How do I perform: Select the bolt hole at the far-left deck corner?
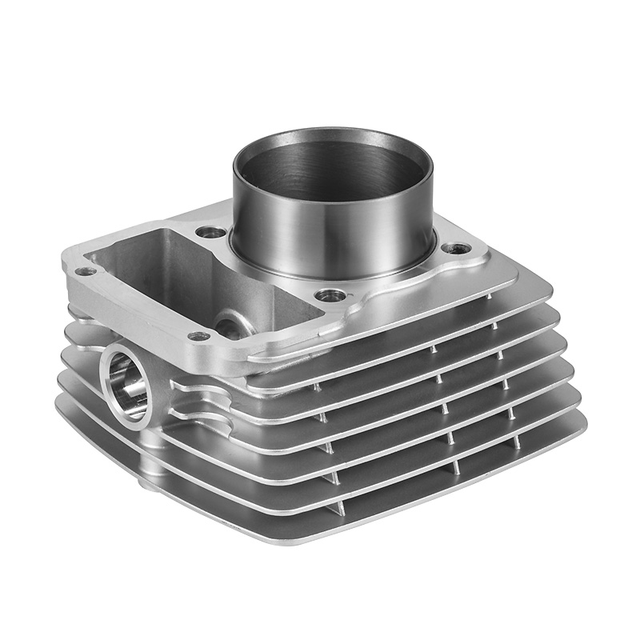86,271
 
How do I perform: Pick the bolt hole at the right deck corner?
457,248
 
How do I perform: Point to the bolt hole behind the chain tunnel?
210,233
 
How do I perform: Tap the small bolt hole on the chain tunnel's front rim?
198,336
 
